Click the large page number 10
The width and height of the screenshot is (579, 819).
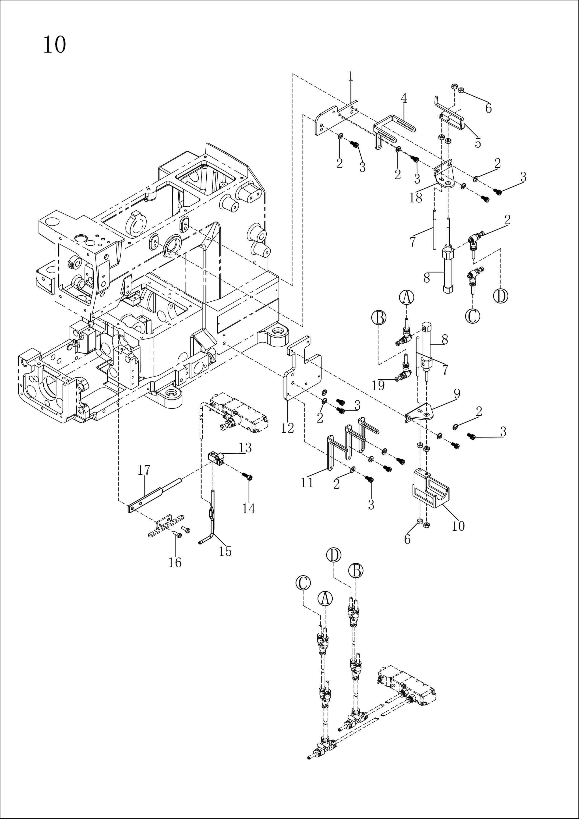click(55, 45)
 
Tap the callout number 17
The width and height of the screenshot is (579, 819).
click(144, 470)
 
